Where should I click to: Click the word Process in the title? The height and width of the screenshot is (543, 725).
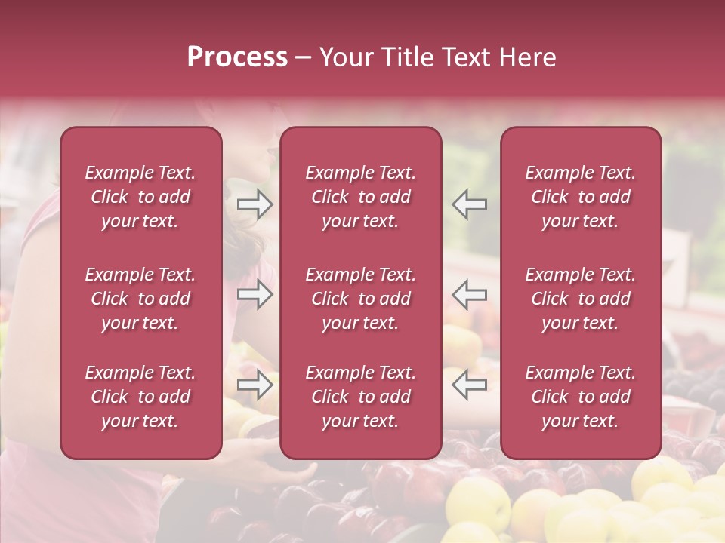(x=237, y=57)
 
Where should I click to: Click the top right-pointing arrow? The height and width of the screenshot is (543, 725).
(x=255, y=204)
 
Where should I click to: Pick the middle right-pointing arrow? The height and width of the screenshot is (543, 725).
(x=255, y=295)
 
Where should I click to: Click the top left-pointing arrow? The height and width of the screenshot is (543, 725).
(x=469, y=204)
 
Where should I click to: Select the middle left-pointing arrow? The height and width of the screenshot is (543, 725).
(x=469, y=295)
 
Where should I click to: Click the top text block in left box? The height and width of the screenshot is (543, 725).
(x=140, y=197)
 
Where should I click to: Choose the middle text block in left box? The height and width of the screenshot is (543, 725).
(x=140, y=299)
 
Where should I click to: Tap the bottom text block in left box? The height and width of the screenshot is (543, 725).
(x=140, y=397)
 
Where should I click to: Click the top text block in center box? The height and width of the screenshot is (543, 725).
(x=360, y=197)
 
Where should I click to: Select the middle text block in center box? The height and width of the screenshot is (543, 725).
(x=360, y=299)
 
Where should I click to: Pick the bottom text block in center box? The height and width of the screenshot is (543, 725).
(x=360, y=397)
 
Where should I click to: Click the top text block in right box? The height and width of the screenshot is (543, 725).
(x=580, y=197)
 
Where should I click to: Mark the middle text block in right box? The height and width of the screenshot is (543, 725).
(x=580, y=299)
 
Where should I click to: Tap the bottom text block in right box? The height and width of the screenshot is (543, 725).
(x=580, y=397)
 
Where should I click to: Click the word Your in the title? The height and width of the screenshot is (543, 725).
(x=347, y=57)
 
